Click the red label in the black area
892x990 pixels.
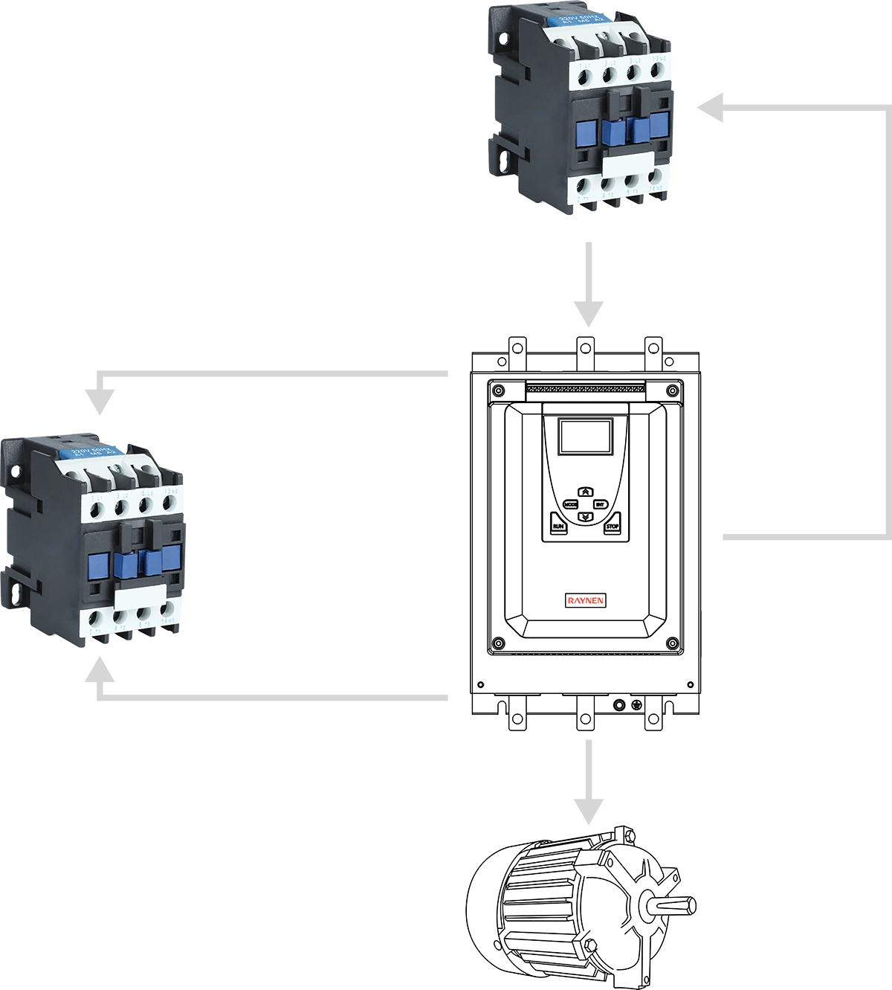pyautogui.click(x=585, y=600)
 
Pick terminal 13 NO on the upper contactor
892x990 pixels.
pyautogui.click(x=656, y=71)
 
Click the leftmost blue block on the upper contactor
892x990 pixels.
pyautogui.click(x=587, y=132)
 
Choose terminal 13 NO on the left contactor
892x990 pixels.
pyautogui.click(x=169, y=501)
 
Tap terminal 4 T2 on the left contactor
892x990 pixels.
pyautogui.click(x=120, y=617)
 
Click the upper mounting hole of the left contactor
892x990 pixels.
pyautogui.click(x=15, y=470)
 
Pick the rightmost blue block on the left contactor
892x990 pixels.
pyautogui.click(x=172, y=556)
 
